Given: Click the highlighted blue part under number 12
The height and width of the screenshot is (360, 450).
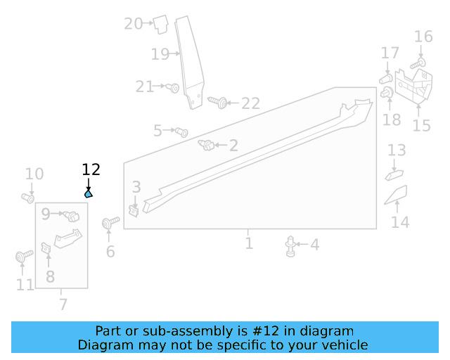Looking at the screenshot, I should point(89,194).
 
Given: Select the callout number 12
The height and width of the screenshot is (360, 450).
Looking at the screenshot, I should point(91,169).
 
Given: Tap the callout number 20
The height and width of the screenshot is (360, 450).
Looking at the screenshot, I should point(133,24).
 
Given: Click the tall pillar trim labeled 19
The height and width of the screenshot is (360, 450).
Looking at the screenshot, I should point(189,63).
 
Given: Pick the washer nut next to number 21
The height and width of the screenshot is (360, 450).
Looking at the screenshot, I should point(173,88).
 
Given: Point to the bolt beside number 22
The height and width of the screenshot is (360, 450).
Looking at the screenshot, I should point(218,103).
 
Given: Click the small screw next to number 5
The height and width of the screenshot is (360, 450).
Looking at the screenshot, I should point(181,131).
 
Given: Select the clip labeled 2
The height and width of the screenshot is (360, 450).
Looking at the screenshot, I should point(207,146).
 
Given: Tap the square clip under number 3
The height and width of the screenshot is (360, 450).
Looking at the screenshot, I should point(134,209).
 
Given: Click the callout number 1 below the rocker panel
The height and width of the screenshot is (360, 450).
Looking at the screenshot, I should point(249,243).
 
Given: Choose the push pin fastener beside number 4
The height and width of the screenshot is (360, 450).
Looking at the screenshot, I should point(290,246).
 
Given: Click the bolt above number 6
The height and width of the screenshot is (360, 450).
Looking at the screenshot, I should point(108,224).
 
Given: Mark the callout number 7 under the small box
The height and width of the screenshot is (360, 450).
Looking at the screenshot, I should point(63,304).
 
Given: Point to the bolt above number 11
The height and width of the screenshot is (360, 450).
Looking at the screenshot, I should point(21,257).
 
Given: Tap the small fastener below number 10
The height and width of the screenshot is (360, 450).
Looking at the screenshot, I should point(29,198).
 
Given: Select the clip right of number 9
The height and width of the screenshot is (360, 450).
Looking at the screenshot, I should point(72,215).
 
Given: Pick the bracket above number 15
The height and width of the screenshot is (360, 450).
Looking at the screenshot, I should point(413,85).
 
